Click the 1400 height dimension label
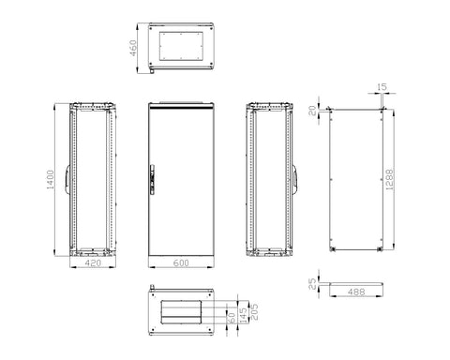50,180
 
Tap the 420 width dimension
93,263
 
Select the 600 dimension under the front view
181,263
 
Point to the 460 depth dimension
133,48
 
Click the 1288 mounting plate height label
389,180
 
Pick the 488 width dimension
356,292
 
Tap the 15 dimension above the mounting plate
382,87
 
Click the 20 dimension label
312,111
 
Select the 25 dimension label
312,284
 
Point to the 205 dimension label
255,312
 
